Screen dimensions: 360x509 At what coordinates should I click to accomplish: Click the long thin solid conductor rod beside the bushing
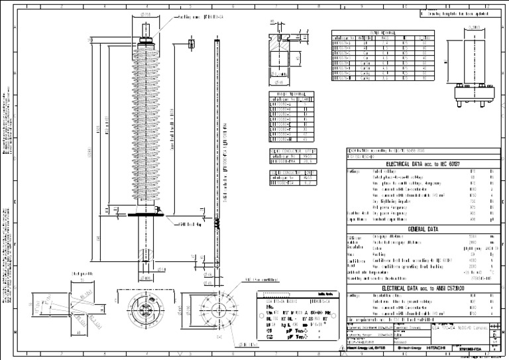point(218,152)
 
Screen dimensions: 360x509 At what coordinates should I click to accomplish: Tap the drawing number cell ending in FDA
point(478,347)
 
